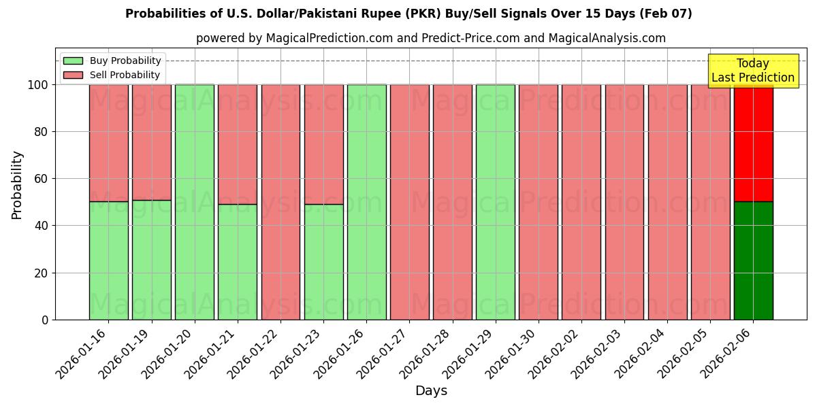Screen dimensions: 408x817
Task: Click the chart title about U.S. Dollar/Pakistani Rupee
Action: tap(408, 14)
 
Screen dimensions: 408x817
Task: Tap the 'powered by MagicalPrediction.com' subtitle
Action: tap(430, 38)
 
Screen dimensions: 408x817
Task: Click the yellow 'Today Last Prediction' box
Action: tap(752, 71)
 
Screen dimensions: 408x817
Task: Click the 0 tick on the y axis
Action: tap(45, 320)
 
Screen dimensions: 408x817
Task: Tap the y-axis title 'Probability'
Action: tap(17, 185)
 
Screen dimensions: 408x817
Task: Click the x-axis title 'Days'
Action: tap(430, 391)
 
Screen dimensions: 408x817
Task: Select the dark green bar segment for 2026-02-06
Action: tap(753, 260)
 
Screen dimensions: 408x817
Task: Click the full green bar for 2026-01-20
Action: tap(195, 202)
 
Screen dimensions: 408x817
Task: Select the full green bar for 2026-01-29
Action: tap(495, 202)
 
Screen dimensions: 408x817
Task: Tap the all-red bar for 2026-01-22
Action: tap(281, 202)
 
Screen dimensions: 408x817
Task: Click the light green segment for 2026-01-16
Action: tap(108, 260)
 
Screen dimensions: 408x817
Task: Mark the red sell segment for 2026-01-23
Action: tap(323, 144)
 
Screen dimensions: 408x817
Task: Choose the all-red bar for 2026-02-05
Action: tap(710, 202)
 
